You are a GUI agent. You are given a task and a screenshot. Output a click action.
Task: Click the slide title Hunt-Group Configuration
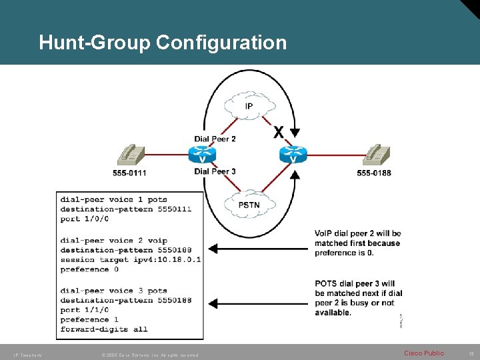point(163,43)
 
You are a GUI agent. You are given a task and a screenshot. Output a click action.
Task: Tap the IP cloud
point(249,106)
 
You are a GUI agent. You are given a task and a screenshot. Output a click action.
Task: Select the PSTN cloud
point(249,205)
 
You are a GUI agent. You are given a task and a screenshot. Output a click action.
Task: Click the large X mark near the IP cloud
point(279,131)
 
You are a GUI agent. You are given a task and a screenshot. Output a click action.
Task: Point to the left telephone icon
point(130,155)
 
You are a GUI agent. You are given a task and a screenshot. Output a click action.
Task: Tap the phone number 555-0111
point(129,173)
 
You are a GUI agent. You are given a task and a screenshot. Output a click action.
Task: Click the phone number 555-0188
point(374,173)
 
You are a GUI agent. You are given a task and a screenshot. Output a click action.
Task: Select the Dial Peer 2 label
point(215,139)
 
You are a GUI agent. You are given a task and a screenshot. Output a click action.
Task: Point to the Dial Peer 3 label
point(215,171)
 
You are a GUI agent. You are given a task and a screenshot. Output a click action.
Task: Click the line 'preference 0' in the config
point(89,269)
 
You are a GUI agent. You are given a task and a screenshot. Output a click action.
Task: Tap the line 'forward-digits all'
point(104,329)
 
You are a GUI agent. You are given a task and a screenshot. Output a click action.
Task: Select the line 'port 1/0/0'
point(85,219)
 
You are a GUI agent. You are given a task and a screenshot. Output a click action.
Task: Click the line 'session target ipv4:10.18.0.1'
point(131,259)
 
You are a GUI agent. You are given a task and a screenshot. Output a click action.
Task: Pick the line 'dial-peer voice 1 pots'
point(114,199)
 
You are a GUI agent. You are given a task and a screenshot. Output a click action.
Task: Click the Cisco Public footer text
point(424,353)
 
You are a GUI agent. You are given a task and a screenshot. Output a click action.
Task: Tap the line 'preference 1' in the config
point(89,319)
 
